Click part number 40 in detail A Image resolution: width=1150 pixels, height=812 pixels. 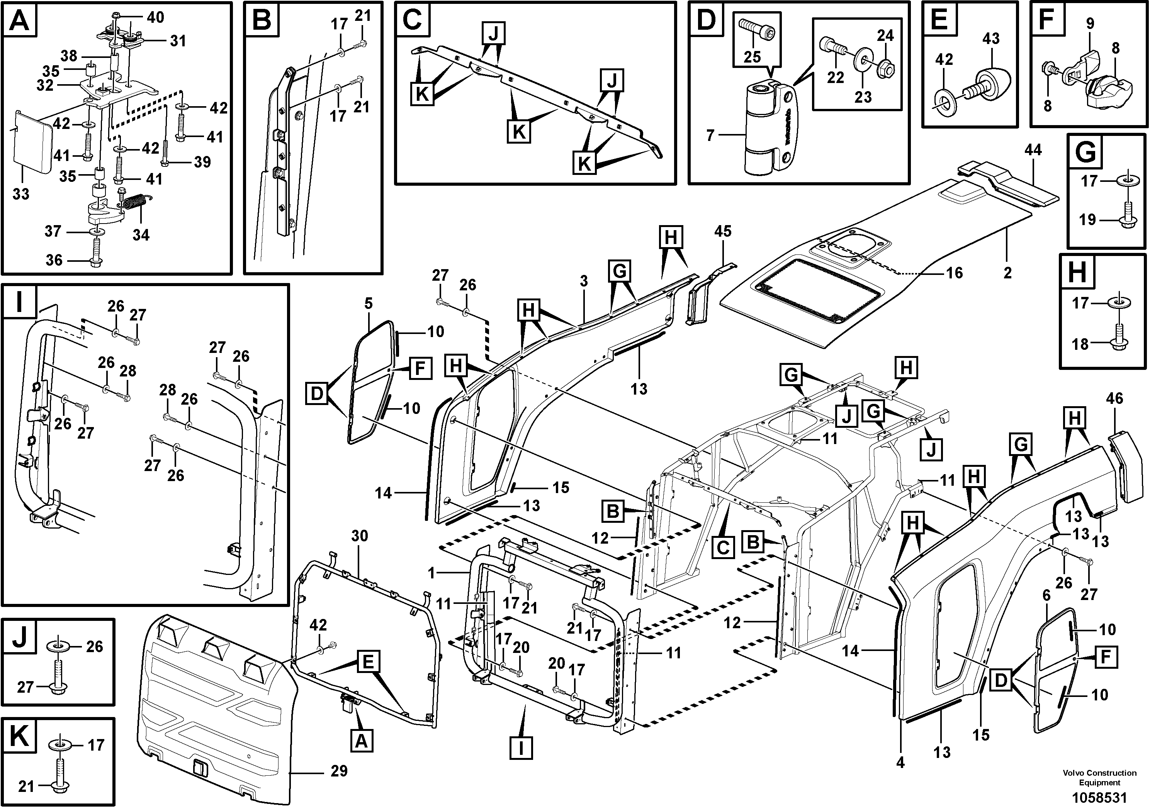155,17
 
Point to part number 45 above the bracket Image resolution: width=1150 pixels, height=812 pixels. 723,231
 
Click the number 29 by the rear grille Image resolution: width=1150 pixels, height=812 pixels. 339,771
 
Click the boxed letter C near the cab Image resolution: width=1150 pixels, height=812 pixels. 723,547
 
